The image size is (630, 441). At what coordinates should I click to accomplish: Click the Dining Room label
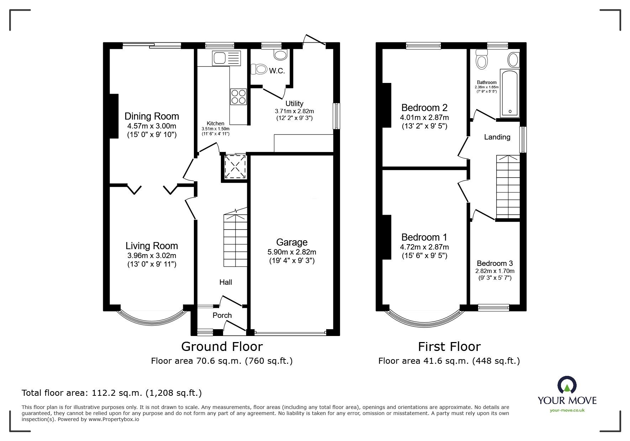[152, 116]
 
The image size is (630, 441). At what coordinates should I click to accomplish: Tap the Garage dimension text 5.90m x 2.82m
[292, 252]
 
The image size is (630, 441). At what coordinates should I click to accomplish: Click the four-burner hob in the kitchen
[238, 96]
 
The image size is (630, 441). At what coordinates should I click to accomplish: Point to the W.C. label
[277, 71]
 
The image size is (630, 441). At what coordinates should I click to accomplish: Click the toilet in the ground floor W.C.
[259, 69]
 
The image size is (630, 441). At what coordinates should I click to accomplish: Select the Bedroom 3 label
[494, 263]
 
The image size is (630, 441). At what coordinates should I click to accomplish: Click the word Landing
[497, 137]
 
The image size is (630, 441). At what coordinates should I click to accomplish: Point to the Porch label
[222, 315]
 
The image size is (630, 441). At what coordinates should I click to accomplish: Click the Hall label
[226, 282]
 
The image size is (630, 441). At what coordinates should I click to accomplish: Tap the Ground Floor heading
[222, 346]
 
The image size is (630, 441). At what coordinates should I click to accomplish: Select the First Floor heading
[449, 346]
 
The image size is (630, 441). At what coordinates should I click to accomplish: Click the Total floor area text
[112, 393]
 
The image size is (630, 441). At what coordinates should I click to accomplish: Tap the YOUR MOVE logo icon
[567, 385]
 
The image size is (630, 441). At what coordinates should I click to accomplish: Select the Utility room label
[294, 104]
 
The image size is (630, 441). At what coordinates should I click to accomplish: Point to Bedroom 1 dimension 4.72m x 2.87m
[424, 247]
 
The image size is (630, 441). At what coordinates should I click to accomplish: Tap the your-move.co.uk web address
[567, 410]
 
